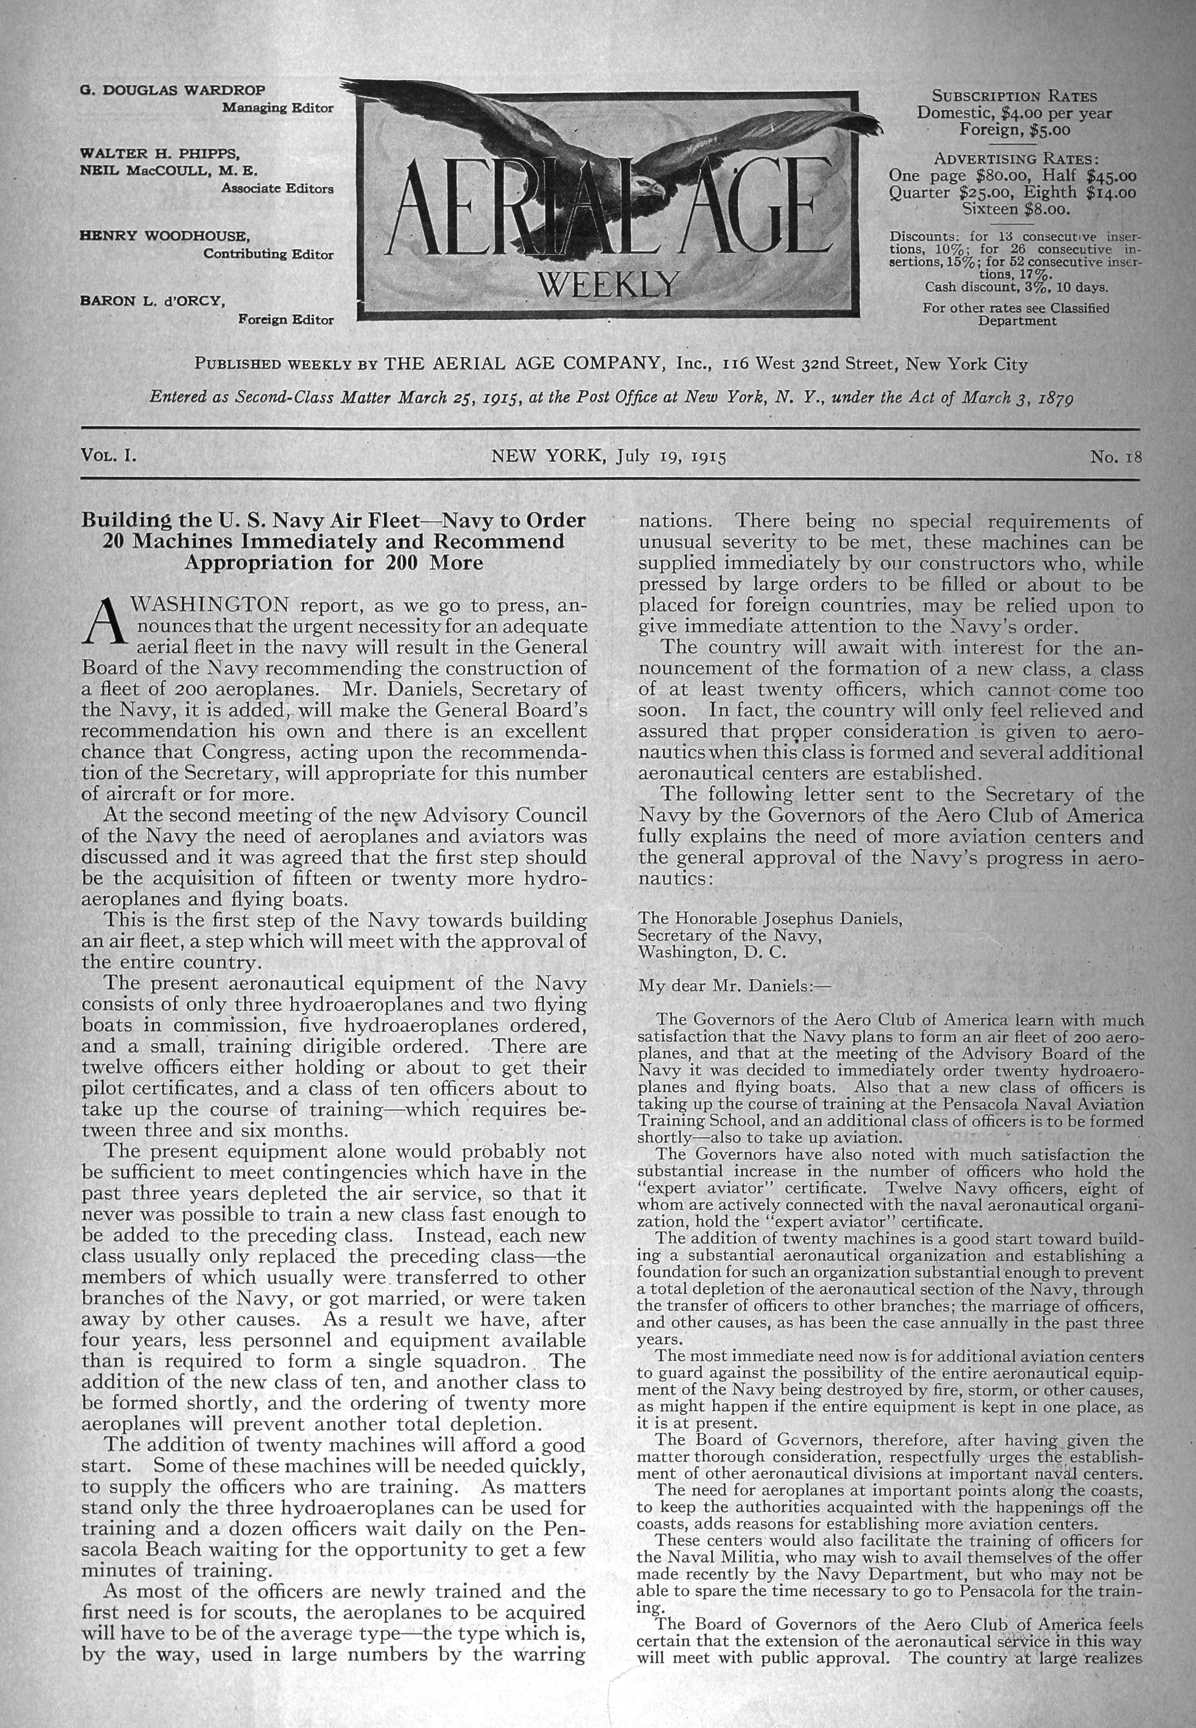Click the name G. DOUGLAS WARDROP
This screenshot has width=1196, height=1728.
click(x=172, y=91)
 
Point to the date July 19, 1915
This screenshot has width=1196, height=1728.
click(x=672, y=457)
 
